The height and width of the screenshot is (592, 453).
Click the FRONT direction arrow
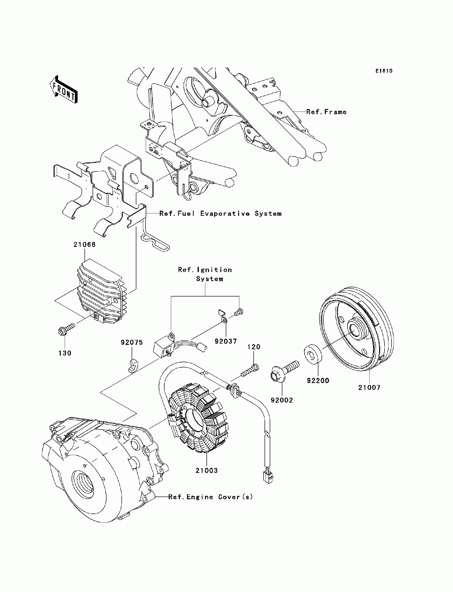pyautogui.click(x=64, y=90)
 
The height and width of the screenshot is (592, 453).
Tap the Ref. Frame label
pyautogui.click(x=326, y=112)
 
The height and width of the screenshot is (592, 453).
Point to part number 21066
pyautogui.click(x=85, y=244)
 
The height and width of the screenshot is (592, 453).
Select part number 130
pyautogui.click(x=65, y=353)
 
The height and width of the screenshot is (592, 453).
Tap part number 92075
pyautogui.click(x=132, y=342)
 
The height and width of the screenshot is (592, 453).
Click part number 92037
pyautogui.click(x=226, y=341)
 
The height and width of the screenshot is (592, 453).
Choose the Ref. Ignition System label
pyautogui.click(x=205, y=274)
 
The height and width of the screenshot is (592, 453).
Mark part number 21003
pyautogui.click(x=206, y=470)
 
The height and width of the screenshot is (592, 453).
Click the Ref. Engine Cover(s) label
pyautogui.click(x=211, y=497)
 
